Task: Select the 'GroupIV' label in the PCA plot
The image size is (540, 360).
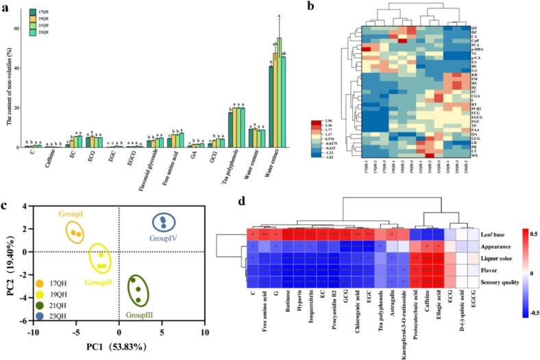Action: [x=163, y=241]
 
